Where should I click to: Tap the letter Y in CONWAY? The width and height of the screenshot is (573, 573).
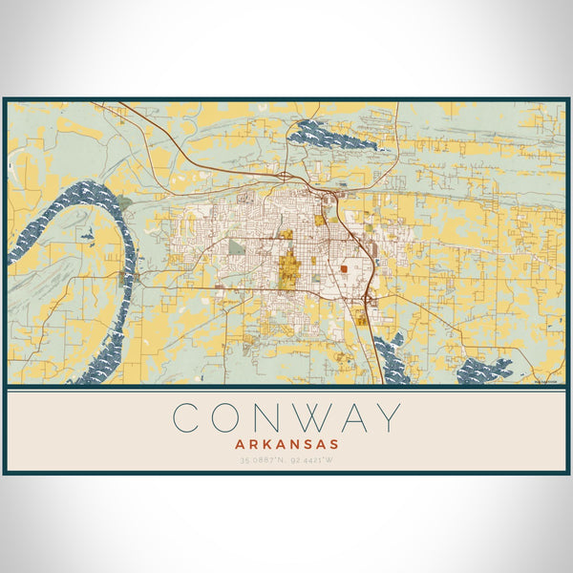[383, 418]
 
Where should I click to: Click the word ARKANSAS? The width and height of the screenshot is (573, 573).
[286, 444]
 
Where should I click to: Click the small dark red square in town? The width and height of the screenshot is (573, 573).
[344, 270]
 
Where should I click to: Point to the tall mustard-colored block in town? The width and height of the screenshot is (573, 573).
[288, 267]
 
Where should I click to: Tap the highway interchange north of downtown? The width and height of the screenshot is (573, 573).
[285, 176]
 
